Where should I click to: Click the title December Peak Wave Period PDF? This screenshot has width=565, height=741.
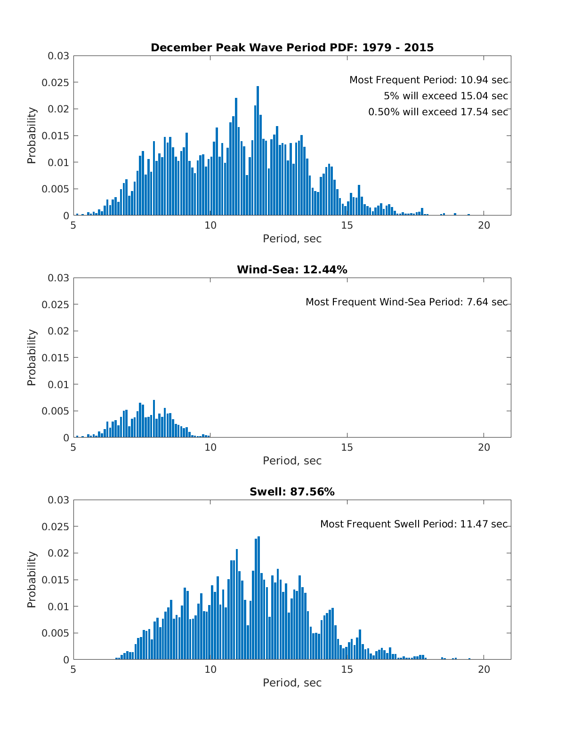point(292,48)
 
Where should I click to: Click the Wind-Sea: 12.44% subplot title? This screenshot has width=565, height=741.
point(292,270)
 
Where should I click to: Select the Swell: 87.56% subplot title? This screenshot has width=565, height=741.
point(292,492)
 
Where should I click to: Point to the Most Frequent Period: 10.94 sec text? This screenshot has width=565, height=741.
point(428,80)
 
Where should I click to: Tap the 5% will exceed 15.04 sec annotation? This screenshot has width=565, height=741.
point(445,96)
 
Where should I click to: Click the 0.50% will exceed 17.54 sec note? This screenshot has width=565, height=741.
point(438,112)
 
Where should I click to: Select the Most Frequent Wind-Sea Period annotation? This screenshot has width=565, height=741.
point(406,302)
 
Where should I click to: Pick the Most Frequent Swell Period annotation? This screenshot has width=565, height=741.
point(414,524)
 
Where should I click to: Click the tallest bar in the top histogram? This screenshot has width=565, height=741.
point(258,151)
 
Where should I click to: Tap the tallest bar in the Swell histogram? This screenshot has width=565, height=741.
point(258,598)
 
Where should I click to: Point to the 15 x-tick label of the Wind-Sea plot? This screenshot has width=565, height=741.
point(347,447)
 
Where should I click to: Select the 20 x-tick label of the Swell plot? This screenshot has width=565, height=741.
point(484,669)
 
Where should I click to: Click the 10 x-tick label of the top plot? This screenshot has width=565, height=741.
point(210,225)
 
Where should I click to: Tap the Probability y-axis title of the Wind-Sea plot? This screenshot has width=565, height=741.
point(32,358)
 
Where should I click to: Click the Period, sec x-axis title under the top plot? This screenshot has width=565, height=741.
point(292,239)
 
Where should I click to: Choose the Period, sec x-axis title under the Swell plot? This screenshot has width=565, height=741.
point(292,683)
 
